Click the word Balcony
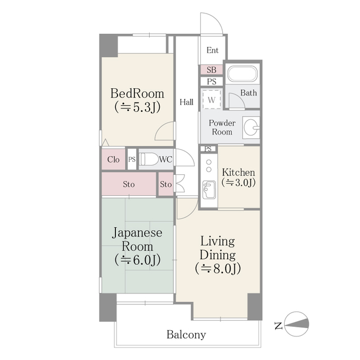point(186,335)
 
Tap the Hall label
point(187,102)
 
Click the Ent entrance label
point(212,51)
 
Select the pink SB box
point(211,70)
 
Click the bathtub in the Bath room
point(242,74)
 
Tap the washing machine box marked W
point(211,100)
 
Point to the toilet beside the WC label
point(148,159)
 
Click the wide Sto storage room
point(129,184)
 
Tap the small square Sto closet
point(165,184)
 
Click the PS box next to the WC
point(132,159)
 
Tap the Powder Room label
point(222,127)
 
